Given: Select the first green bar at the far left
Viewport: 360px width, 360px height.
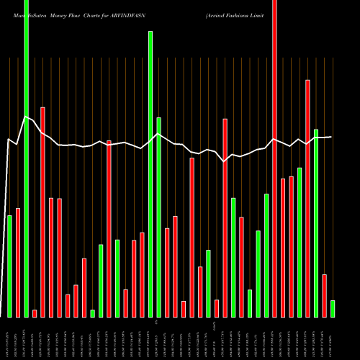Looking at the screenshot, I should pos(9,266).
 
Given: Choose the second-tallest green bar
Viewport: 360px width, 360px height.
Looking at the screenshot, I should pos(150,174).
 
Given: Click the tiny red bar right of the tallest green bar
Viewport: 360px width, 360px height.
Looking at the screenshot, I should pos(35,313).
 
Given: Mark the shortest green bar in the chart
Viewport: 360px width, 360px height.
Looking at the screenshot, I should pos(92,313).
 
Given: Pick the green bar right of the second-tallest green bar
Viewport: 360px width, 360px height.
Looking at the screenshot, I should pos(158,217).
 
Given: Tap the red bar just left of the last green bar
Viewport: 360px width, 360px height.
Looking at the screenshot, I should pos(324,295).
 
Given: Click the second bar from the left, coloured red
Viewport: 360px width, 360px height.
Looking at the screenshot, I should pos(18,262).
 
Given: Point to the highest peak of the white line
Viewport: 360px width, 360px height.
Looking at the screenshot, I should pos(25,117).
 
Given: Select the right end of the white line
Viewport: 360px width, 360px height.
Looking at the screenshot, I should pos(330,137).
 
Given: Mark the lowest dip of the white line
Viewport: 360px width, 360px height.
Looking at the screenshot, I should pos(225,162).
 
